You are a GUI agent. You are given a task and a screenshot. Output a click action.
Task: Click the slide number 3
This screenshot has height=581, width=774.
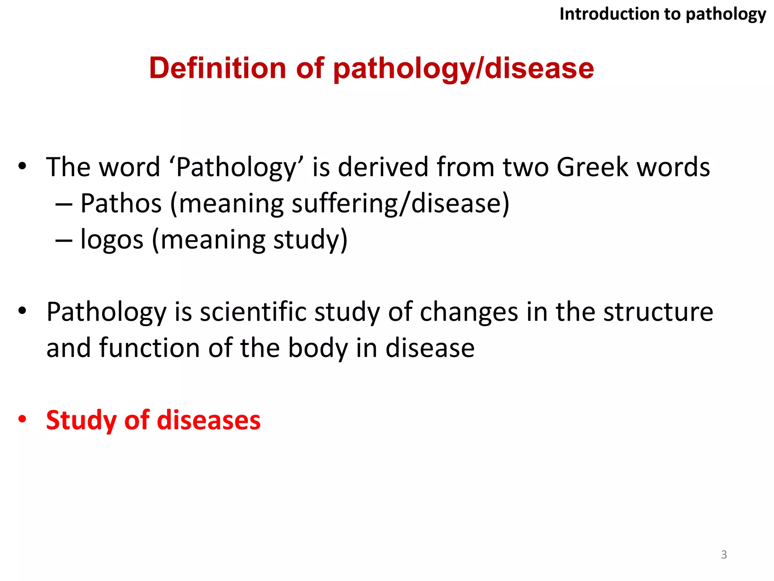point(724,555)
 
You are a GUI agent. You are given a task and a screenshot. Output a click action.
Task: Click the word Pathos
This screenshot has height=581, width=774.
point(121,204)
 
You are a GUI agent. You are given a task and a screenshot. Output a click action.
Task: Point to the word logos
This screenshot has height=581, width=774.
point(112,240)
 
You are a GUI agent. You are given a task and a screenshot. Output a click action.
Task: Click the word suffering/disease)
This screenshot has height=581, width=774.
point(401,204)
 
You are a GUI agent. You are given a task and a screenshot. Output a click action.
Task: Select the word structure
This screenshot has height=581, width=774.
point(658,312)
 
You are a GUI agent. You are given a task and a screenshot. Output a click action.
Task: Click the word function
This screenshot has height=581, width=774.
point(149,348)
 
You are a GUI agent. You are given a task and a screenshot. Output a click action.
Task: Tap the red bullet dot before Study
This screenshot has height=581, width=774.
point(22,419)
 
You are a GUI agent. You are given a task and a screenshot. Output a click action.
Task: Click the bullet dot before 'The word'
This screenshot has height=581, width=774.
point(22,166)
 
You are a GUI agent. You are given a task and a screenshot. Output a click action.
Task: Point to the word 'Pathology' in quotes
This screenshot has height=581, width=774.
point(237,167)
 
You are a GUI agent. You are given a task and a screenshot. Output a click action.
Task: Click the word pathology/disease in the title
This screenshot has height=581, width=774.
point(463,69)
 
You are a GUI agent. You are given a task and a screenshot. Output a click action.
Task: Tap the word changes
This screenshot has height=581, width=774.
point(469,312)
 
